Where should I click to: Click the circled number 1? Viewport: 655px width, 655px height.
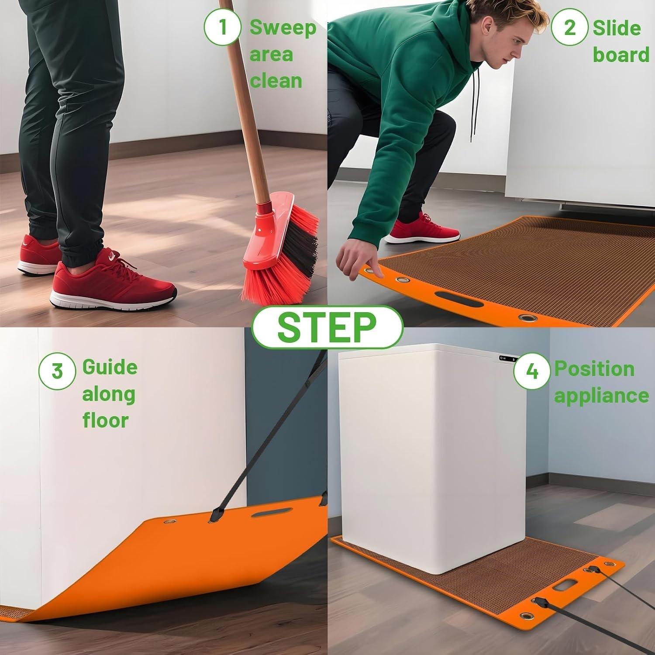[x=223, y=27]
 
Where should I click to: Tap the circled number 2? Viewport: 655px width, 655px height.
[x=569, y=27]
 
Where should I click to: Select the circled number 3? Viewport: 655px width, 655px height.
[x=57, y=371]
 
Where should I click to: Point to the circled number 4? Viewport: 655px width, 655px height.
[x=532, y=371]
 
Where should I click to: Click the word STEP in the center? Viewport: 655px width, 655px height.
[x=327, y=327]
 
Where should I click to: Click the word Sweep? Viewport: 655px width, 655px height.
[x=283, y=28]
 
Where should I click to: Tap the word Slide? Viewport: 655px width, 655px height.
[x=617, y=28]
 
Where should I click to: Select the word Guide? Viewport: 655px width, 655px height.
[x=110, y=367]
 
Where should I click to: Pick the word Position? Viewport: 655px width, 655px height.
[x=594, y=369]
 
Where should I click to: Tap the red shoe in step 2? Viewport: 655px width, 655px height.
[x=422, y=228]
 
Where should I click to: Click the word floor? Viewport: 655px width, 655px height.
[x=105, y=420]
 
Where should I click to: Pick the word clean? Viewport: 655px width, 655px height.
[x=276, y=81]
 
